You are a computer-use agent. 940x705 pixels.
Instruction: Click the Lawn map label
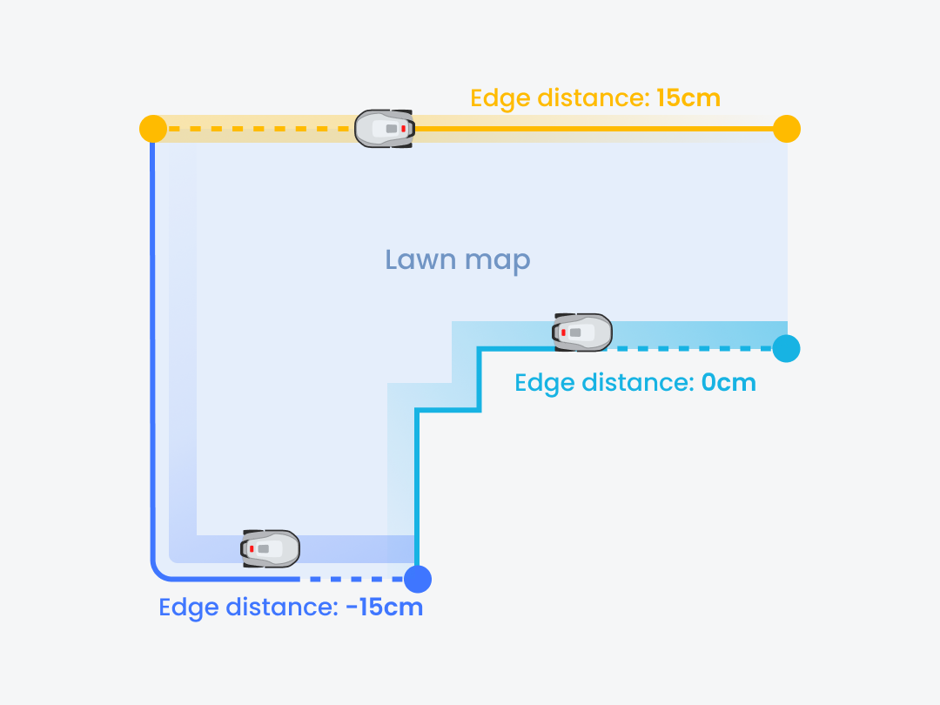click(x=458, y=259)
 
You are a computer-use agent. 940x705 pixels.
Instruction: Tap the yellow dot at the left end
click(x=153, y=129)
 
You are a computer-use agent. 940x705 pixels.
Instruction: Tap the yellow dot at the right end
click(x=786, y=129)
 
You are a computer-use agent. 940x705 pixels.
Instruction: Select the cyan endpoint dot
click(x=786, y=348)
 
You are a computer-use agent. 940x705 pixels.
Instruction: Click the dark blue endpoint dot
click(x=418, y=579)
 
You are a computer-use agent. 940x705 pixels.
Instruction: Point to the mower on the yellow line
click(x=385, y=128)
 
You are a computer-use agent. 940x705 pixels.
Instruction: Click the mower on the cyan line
click(x=582, y=332)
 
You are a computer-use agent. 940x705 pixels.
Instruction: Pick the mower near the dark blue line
click(x=271, y=548)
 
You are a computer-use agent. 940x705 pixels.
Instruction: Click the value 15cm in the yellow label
click(x=688, y=97)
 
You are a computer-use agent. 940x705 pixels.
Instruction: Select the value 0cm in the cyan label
click(x=728, y=382)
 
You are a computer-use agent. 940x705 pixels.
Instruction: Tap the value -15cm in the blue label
click(x=384, y=608)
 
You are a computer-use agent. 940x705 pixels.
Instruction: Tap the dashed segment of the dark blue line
click(x=352, y=579)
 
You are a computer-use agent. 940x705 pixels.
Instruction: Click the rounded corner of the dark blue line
click(x=158, y=574)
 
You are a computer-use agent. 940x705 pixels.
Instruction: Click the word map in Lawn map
click(x=497, y=260)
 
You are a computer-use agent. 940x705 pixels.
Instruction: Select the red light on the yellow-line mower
click(x=403, y=128)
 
